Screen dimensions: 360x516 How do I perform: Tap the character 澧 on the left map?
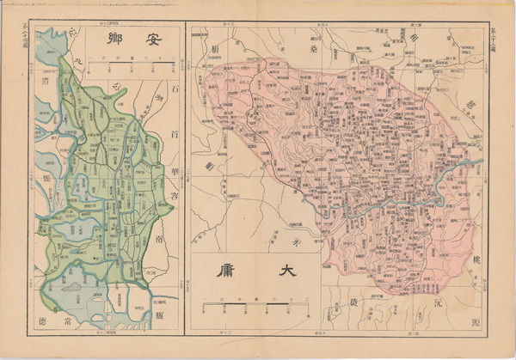coord(44,82)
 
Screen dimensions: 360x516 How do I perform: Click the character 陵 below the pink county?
coord(353,304)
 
